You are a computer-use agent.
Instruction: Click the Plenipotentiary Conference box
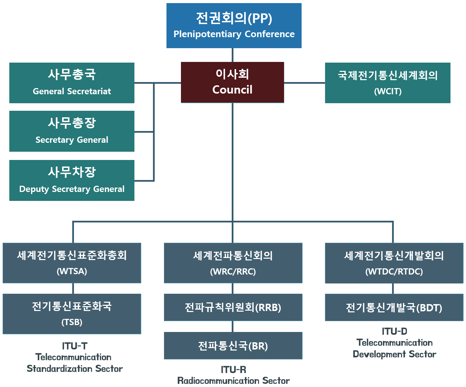pyautogui.click(x=234, y=26)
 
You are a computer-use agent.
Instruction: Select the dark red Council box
pyautogui.click(x=232, y=82)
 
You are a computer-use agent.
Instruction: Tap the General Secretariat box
pyautogui.click(x=72, y=83)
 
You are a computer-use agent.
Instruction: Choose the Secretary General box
pyautogui.click(x=72, y=131)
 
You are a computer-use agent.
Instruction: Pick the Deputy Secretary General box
pyautogui.click(x=72, y=180)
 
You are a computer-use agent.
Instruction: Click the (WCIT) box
pyautogui.click(x=387, y=83)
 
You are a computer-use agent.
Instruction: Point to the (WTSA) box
pyautogui.click(x=72, y=263)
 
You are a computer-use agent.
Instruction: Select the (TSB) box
pyautogui.click(x=72, y=314)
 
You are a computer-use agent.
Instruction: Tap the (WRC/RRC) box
pyautogui.click(x=233, y=263)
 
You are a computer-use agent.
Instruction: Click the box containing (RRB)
pyautogui.click(x=233, y=307)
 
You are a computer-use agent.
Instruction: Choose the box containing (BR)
pyautogui.click(x=233, y=345)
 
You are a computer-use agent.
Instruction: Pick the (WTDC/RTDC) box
pyautogui.click(x=394, y=263)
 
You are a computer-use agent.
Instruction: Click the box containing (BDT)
pyautogui.click(x=394, y=307)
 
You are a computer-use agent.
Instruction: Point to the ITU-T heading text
pyautogui.click(x=75, y=346)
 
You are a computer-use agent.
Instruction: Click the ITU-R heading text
pyautogui.click(x=233, y=369)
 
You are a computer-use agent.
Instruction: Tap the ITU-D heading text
pyautogui.click(x=394, y=331)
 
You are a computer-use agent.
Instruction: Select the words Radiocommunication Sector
pyautogui.click(x=233, y=381)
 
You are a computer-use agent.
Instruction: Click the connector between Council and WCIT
pyautogui.click(x=304, y=83)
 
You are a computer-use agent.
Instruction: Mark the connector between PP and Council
pyautogui.click(x=233, y=55)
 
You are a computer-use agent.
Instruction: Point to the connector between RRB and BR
pyautogui.click(x=233, y=326)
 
